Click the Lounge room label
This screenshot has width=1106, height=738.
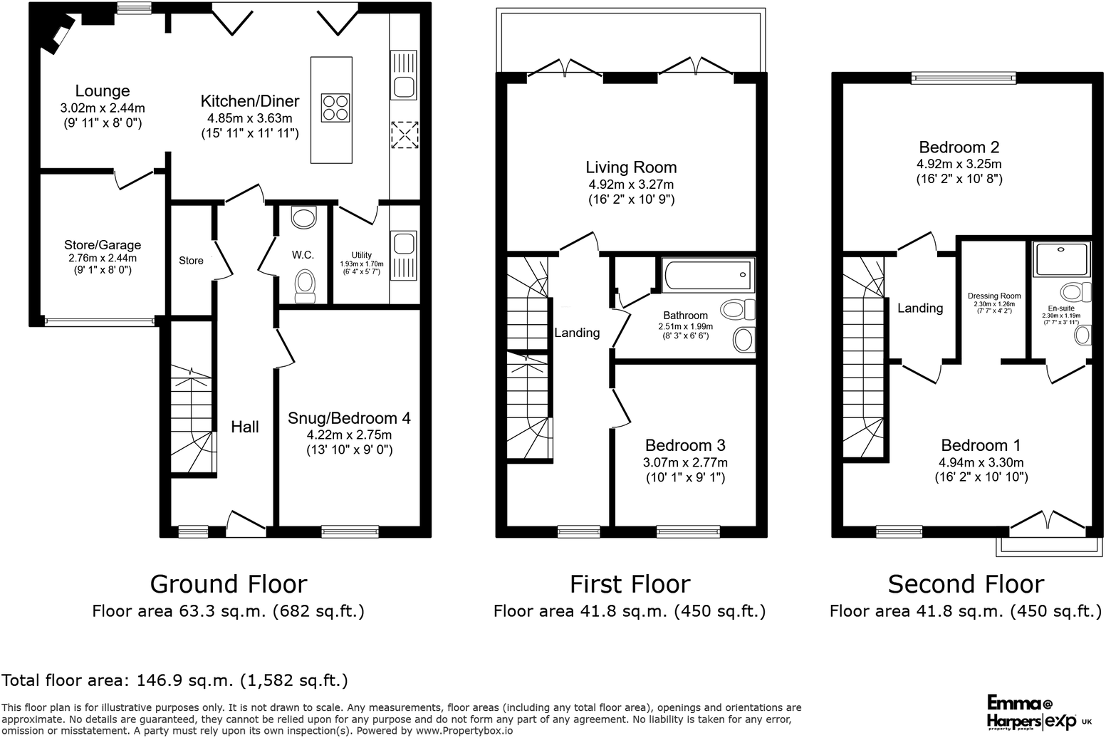coord(103,91)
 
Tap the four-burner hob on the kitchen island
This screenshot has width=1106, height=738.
coord(335,108)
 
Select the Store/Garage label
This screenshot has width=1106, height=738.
coord(103,245)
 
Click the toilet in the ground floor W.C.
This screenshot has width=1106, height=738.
coord(305,283)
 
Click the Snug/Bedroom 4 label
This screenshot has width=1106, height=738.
coord(349,418)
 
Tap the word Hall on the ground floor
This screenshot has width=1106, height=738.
coord(244,427)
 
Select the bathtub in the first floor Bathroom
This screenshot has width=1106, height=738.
coord(707,275)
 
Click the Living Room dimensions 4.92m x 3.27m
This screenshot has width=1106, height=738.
coord(631,184)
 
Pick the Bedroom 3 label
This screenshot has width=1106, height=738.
coord(685,445)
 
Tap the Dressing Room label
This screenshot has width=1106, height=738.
coord(994,296)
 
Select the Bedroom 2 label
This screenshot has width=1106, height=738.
coord(959,147)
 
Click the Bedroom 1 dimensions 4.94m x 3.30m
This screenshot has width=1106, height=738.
coord(981,462)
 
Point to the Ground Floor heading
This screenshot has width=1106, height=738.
coord(228,584)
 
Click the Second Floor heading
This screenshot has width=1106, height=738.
coord(966,584)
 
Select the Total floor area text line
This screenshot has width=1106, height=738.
coord(174,680)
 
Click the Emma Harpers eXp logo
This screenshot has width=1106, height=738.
coord(1037,713)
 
